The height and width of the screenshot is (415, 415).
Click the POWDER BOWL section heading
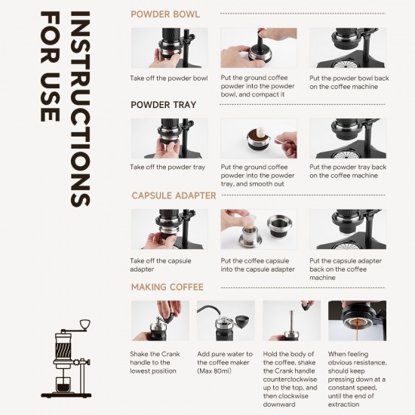[165, 14]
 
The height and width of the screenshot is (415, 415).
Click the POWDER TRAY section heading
[163, 105]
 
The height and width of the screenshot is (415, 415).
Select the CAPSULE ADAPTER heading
[174, 195]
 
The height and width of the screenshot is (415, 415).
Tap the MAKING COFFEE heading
[168, 287]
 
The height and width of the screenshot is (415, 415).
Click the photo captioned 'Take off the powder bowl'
[169, 48]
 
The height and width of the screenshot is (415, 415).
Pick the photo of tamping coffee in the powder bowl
[259, 48]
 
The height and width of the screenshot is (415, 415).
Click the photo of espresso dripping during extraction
[357, 321]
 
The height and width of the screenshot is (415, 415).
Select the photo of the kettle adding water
[226, 321]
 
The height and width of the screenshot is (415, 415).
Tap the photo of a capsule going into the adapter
[259, 229]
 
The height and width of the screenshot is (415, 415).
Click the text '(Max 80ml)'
[214, 370]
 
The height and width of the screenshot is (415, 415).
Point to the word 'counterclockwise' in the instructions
[290, 380]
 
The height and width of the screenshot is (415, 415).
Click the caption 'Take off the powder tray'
[168, 168]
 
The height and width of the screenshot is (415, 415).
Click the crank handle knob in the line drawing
[85, 324]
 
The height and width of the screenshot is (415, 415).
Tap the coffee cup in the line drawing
[63, 385]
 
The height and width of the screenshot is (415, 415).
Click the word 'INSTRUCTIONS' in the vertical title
[81, 109]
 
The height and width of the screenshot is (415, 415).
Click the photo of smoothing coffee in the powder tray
[259, 138]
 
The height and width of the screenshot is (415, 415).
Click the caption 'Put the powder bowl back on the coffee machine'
[349, 82]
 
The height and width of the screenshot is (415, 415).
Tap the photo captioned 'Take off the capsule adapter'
[169, 229]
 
